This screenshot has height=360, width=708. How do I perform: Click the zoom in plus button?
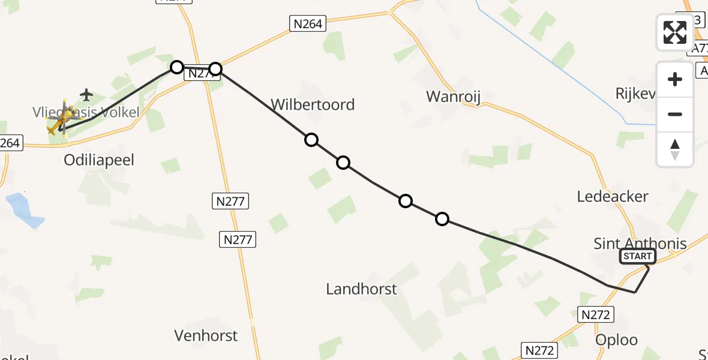[675, 79]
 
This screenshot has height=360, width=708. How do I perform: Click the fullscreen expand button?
[675, 32]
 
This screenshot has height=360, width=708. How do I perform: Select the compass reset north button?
[675, 149]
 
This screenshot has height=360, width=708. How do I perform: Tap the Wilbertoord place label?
[313, 104]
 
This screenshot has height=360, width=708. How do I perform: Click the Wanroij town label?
[454, 96]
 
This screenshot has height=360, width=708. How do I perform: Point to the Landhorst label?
[361, 289]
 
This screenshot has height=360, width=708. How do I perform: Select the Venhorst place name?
[206, 335]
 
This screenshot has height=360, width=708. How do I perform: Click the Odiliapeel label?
[99, 160]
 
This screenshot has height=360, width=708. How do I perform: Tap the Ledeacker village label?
[613, 196]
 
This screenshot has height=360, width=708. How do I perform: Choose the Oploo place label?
[616, 340]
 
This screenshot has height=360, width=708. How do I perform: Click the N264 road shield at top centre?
[308, 24]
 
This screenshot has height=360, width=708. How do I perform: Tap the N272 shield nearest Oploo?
[596, 314]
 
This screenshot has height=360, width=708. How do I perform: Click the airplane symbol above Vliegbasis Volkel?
[87, 95]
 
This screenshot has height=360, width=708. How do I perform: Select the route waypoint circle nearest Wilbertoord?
[311, 140]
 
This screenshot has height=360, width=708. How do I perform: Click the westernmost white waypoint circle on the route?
[176, 67]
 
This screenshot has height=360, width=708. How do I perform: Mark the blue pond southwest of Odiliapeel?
[25, 210]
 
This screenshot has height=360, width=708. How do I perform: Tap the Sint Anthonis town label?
[640, 244]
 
